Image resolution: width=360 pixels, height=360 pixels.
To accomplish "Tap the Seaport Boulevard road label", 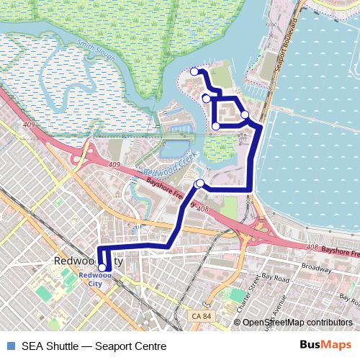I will [286, 44].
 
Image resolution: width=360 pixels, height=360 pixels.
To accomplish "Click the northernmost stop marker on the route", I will [194, 71].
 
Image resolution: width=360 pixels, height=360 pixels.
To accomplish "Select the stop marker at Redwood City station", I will [102, 268].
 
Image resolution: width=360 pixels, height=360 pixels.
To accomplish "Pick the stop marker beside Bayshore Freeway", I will [199, 183].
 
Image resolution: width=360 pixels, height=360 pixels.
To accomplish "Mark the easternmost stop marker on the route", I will [245, 114].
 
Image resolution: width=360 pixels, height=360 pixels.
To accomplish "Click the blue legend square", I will [9, 346].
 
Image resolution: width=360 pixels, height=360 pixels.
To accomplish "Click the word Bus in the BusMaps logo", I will [310, 345].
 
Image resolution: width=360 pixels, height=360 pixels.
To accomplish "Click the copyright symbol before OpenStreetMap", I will [237, 323].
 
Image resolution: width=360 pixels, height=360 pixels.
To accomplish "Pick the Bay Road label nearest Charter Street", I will [275, 276].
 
